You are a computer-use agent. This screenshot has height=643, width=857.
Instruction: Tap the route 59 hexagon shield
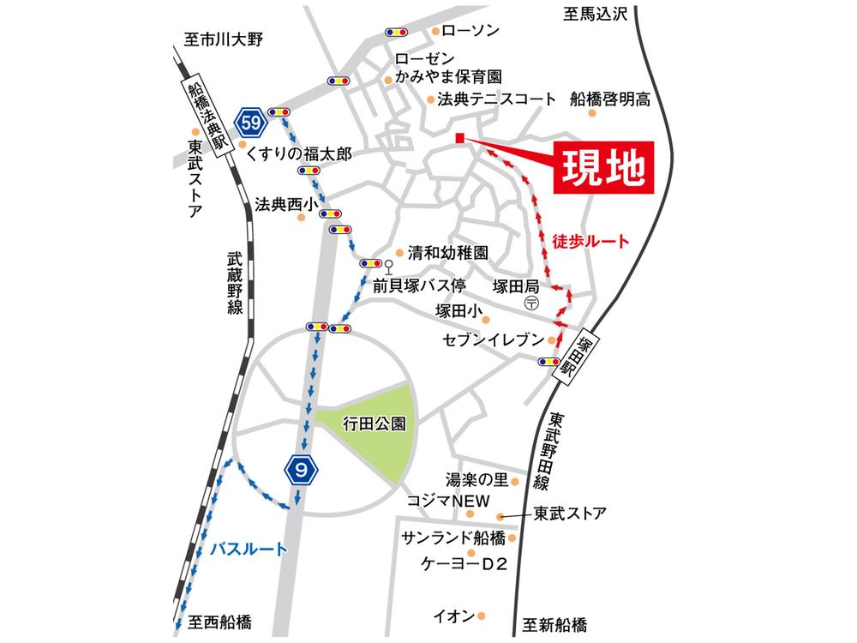click(251, 123)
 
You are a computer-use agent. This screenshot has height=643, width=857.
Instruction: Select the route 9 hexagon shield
click(299, 468)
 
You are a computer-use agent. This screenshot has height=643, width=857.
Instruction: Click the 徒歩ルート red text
click(590, 242)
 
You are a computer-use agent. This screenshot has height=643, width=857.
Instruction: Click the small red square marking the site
click(459, 138)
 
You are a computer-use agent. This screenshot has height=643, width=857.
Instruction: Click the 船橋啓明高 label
click(610, 99)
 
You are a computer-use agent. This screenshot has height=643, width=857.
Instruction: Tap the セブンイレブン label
click(493, 340)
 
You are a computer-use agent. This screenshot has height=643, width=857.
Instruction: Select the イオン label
click(453, 616)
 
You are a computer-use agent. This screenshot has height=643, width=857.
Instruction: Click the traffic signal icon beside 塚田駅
click(549, 362)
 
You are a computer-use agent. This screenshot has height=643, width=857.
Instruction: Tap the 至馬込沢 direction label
click(596, 14)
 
